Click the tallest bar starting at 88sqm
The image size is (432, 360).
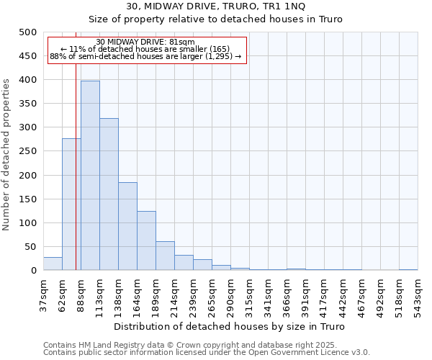(90, 176)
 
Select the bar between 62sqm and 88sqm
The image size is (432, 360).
(71, 204)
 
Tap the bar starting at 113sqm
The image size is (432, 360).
(109, 194)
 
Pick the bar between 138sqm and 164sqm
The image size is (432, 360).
(127, 226)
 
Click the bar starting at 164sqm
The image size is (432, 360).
(146, 240)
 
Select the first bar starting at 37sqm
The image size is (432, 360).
(53, 264)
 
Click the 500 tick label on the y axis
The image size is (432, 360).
(27, 32)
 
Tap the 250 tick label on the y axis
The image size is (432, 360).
(27, 151)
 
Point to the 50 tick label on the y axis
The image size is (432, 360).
(30, 247)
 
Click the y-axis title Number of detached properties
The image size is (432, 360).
(6, 151)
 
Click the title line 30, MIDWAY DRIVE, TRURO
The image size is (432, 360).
(216, 6)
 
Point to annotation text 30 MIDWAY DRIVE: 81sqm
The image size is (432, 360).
(145, 42)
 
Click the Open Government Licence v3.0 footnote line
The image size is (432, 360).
(207, 353)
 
